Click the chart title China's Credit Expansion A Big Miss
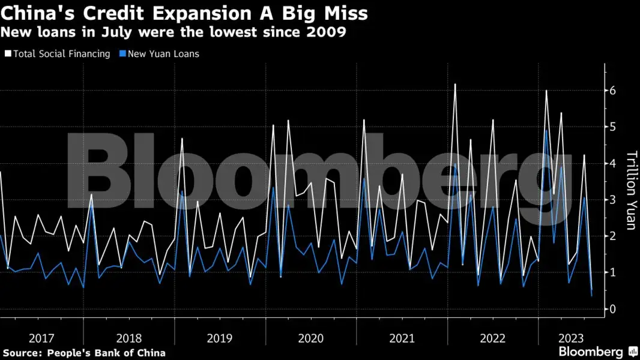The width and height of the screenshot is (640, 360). click(x=184, y=13)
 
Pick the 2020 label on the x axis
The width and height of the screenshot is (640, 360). click(x=311, y=338)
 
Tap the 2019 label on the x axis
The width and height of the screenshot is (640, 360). click(x=220, y=338)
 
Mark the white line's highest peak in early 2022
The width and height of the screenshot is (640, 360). click(x=455, y=85)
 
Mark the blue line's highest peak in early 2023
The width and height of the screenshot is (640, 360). click(x=546, y=131)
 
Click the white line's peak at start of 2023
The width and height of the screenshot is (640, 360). click(x=546, y=91)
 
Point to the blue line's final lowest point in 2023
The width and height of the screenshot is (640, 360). click(x=591, y=296)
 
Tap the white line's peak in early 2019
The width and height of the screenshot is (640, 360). click(x=182, y=139)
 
